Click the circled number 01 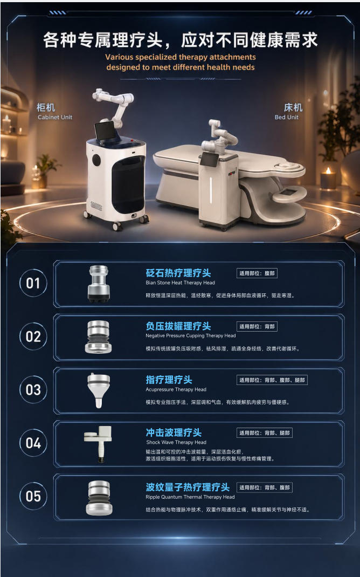pos(33,283)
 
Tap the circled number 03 pos(33,389)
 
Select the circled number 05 pos(33,496)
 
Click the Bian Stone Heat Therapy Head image pos(99,284)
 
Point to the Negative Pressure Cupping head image pos(99,336)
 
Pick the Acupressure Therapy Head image pos(99,390)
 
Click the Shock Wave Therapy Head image pos(98,443)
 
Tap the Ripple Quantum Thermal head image pos(99,498)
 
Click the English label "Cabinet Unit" pos(55,117)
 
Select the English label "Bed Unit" pos(287,117)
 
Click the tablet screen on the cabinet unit pos(105,130)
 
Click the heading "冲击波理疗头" pos(174,432)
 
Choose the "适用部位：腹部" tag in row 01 pos(257,273)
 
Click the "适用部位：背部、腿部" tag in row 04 pos(265,432)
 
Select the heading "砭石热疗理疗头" pos(178,273)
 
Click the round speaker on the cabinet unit pos(96,160)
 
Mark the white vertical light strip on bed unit pos(211,189)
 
